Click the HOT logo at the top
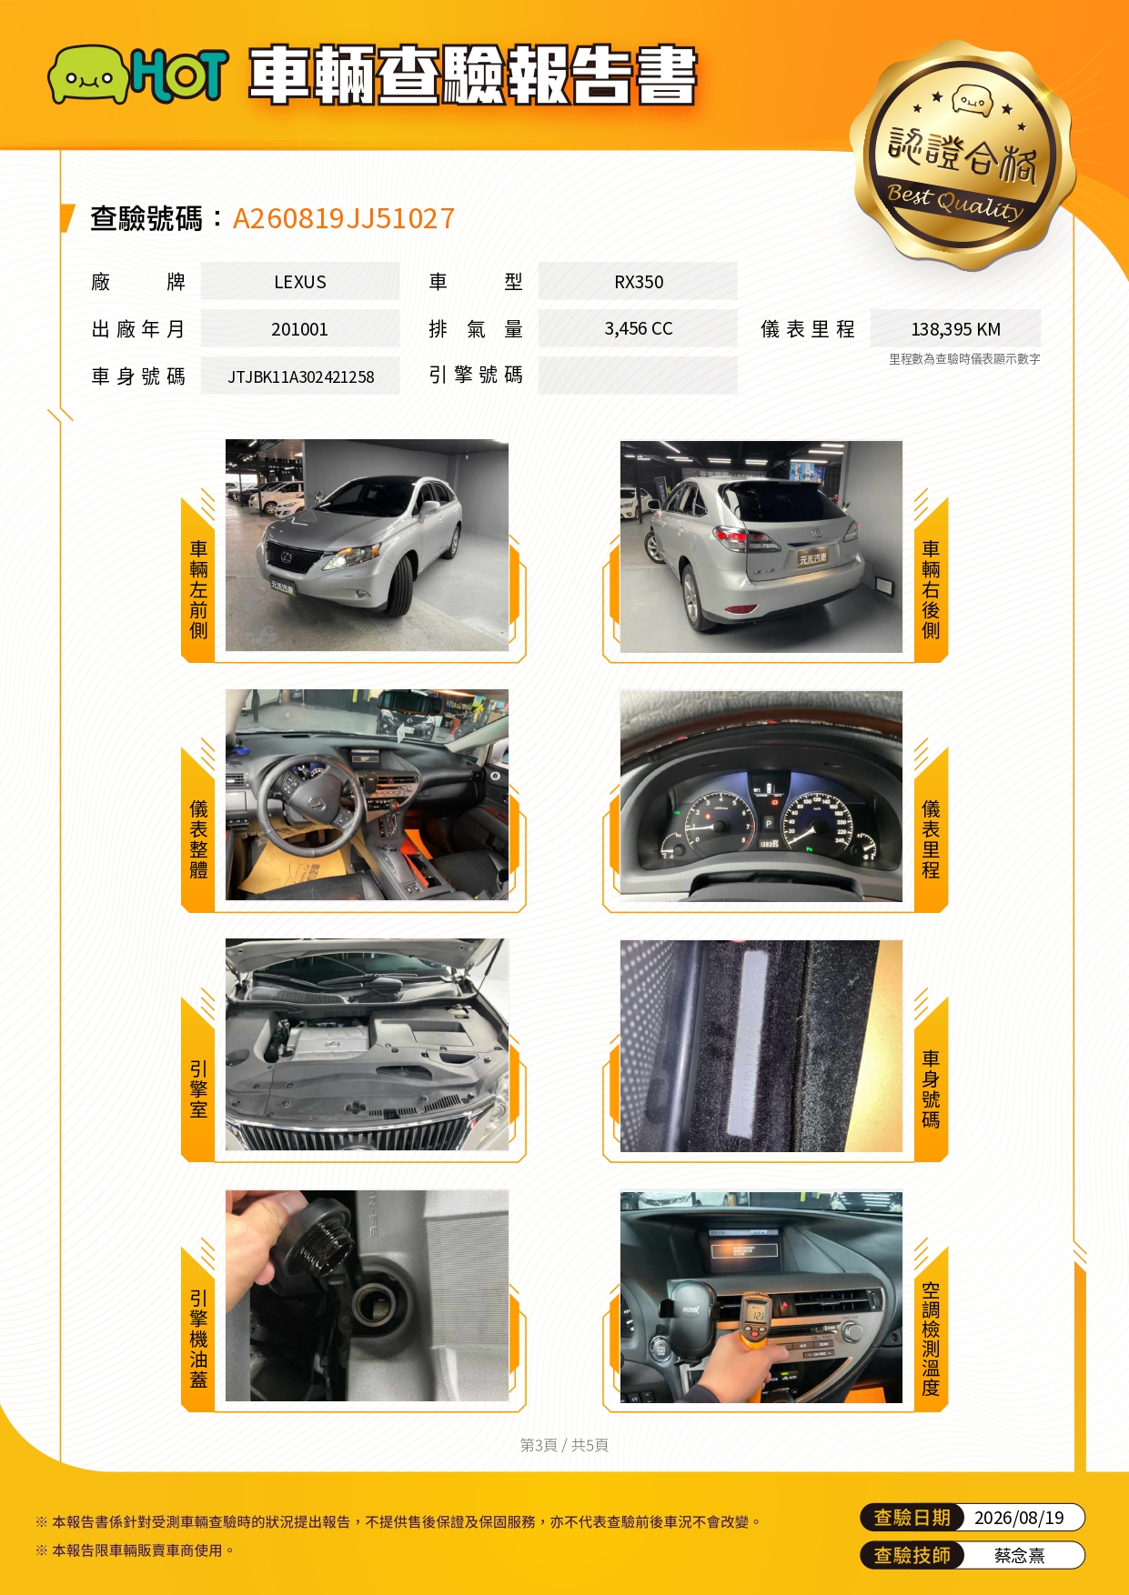pos(136,74)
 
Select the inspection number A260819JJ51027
pos(343,218)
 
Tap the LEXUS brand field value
pos(300,282)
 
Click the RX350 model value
pos(639,282)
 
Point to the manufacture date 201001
pos(299,329)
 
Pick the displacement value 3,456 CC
pos(639,328)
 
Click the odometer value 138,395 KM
pos(955,329)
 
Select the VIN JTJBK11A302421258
pos(300,376)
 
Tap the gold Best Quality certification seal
pos(963,155)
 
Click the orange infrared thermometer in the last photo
pos(754,1319)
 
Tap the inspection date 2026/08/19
pos(1019,1518)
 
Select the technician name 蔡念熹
pos(1019,1556)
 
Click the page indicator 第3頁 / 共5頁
pos(564,1445)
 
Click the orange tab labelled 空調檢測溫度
pos(931,1329)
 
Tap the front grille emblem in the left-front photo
pos(287,556)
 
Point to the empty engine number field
pos(638,376)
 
